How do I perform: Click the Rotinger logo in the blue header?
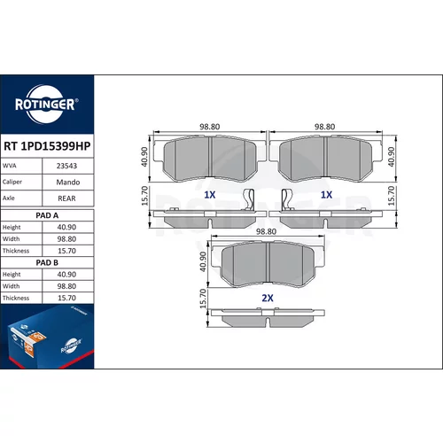(x=46, y=105)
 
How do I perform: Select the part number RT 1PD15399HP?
(x=47, y=146)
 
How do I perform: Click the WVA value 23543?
(x=66, y=166)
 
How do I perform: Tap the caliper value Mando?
(x=68, y=182)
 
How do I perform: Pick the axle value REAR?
(x=66, y=198)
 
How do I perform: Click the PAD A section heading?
(x=47, y=215)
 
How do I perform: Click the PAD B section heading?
(x=47, y=262)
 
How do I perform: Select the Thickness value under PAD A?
(x=66, y=251)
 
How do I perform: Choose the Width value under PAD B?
(x=66, y=286)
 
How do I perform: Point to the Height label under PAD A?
(x=12, y=227)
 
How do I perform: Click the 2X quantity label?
(x=268, y=298)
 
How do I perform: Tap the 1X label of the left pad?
(x=210, y=195)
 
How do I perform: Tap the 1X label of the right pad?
(x=327, y=195)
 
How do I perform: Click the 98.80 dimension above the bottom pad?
(x=266, y=231)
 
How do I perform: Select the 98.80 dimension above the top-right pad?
(x=324, y=127)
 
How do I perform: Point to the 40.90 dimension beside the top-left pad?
(x=144, y=157)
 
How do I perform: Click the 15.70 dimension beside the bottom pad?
(x=203, y=299)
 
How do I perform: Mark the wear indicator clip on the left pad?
(x=248, y=199)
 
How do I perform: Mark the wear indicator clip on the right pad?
(x=287, y=199)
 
